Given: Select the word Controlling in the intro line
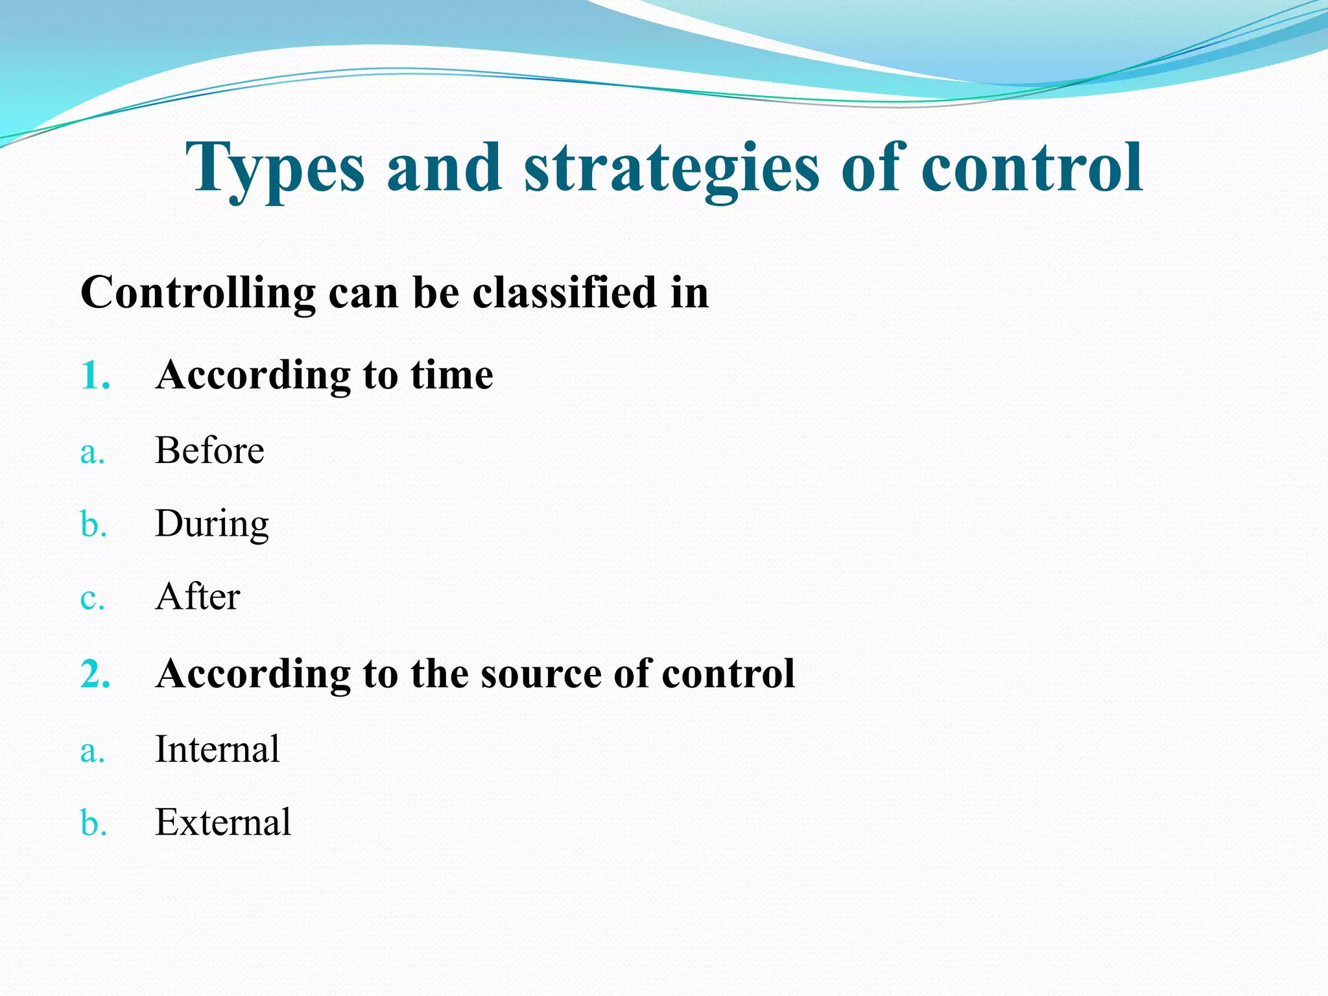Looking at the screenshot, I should [x=198, y=293].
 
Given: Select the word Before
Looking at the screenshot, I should [x=209, y=450].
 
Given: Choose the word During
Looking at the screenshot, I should [x=211, y=524].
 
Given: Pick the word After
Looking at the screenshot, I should [x=197, y=597].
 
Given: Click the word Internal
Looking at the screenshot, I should [x=217, y=749].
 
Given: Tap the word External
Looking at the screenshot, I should [x=223, y=822].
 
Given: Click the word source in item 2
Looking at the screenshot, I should [x=541, y=674].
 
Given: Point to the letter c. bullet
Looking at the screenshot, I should [x=92, y=598].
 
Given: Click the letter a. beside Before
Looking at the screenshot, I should [x=92, y=452].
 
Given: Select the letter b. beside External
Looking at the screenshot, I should [x=93, y=824].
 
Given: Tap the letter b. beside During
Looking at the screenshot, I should [x=93, y=525].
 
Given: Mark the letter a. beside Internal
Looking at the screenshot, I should [x=92, y=751].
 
